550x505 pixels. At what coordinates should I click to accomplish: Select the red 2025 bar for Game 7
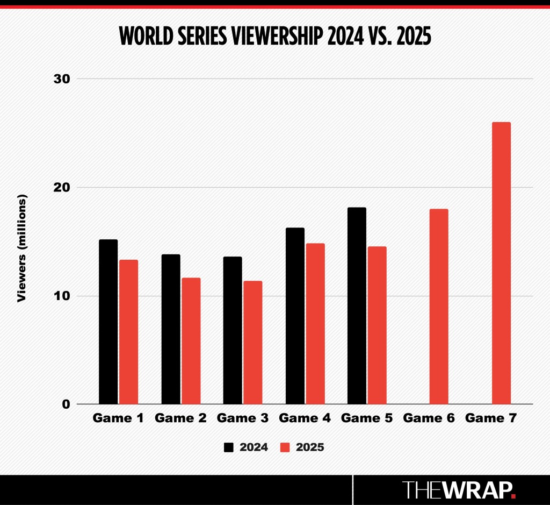501,263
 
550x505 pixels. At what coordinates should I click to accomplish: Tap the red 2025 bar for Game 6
439,307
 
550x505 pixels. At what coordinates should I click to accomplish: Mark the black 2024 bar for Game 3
233,330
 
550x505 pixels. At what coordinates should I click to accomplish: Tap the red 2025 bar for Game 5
377,325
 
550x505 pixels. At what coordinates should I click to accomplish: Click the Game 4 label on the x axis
305,418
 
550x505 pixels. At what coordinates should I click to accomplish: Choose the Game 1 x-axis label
118,418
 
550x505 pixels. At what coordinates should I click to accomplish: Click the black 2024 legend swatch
229,447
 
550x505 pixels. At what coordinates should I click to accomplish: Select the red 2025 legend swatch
286,447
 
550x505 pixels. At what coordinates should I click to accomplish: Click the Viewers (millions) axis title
21,248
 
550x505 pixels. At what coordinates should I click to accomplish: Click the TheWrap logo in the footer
459,489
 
